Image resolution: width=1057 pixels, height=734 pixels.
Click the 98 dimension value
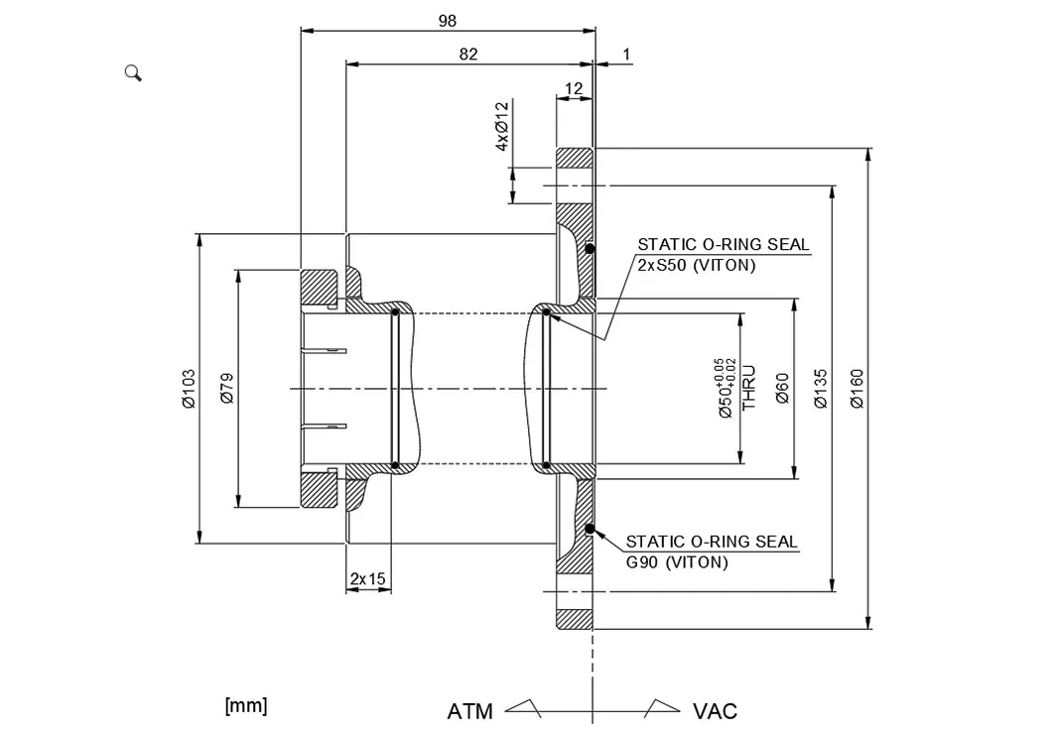click(x=447, y=20)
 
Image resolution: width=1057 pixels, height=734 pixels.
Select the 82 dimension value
click(x=468, y=55)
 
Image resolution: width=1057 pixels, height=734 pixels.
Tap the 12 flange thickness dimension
click(x=574, y=89)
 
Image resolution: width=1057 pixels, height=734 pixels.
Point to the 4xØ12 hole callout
click(x=502, y=126)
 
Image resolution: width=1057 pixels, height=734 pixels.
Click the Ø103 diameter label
click(x=189, y=389)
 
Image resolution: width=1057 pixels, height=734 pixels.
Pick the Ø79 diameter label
click(x=226, y=389)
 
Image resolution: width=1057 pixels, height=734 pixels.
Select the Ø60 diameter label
click(x=782, y=389)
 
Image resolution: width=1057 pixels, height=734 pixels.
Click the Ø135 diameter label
click(x=820, y=389)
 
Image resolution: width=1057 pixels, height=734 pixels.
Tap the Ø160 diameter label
click(x=858, y=389)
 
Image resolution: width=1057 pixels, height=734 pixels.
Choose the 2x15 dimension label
click(x=367, y=578)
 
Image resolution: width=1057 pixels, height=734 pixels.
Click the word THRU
click(x=749, y=388)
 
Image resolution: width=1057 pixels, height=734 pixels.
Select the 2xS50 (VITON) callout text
click(x=696, y=266)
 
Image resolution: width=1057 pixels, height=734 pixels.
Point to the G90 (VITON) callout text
click(x=677, y=562)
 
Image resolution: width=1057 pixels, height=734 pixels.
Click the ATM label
click(x=470, y=711)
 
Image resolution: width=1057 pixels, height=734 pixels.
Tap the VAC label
click(x=715, y=711)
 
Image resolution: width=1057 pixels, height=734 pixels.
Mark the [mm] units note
click(x=246, y=706)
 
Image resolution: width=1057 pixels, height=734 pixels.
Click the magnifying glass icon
click(x=133, y=72)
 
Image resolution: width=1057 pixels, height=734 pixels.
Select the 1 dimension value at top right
click(x=626, y=55)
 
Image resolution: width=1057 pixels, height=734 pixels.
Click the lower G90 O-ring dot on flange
click(x=590, y=529)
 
